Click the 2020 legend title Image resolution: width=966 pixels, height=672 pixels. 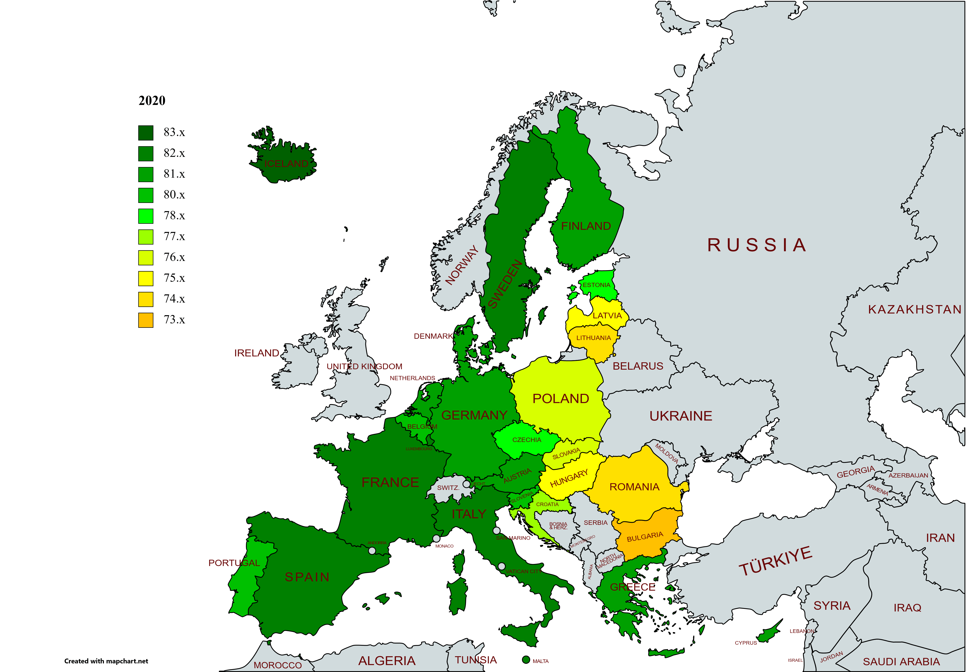(x=152, y=101)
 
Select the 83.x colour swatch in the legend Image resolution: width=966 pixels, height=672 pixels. (x=146, y=133)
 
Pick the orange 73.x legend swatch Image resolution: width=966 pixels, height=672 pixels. (x=146, y=320)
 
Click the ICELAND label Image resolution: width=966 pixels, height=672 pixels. (x=286, y=164)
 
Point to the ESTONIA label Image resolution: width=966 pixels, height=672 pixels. (x=596, y=285)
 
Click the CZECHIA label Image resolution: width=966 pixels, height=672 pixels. (x=527, y=440)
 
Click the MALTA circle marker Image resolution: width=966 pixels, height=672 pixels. (x=525, y=660)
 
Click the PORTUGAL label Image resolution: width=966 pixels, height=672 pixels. (x=234, y=563)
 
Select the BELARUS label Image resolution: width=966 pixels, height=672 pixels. (x=638, y=366)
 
